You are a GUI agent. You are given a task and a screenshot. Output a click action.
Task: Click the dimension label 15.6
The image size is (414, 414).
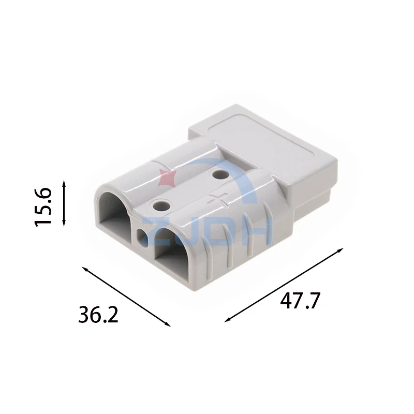click(x=43, y=207)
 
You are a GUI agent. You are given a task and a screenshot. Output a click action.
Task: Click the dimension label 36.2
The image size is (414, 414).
click(x=98, y=314)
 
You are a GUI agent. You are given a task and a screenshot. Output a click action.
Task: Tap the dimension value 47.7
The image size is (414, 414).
click(x=300, y=301)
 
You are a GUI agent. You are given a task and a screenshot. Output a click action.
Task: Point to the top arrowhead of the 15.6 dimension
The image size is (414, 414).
click(x=64, y=182)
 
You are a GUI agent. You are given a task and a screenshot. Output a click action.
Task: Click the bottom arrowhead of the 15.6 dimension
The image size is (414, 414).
click(x=64, y=224)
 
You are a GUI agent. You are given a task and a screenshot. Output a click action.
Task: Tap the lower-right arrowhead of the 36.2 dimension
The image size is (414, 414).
click(x=168, y=324)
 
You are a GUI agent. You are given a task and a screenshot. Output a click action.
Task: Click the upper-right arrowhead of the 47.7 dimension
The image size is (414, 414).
click(x=341, y=250)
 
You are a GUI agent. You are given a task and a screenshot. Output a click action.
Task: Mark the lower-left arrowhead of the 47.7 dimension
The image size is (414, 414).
click(x=228, y=320)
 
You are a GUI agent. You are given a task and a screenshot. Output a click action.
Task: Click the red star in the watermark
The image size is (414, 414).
click(x=166, y=177)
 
